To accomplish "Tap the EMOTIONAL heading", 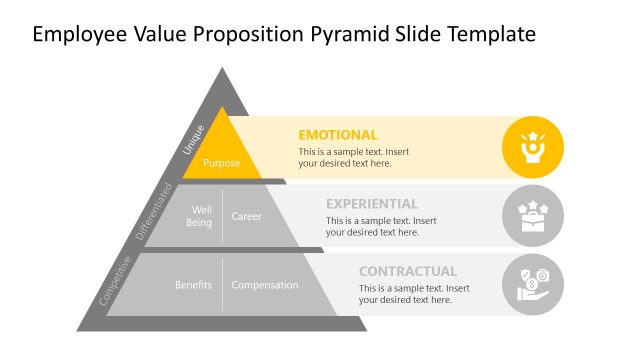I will coord(338,135).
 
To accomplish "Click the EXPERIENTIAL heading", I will coord(372,203).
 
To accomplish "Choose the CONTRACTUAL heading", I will coord(408,271).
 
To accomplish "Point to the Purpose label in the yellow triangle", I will coord(222,163).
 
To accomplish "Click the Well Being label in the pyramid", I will coord(200,216).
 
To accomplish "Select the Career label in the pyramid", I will coord(247,216).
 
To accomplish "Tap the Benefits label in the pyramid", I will coord(193,285).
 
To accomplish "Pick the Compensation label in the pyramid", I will coord(265,285).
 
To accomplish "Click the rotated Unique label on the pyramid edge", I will coord(193,140).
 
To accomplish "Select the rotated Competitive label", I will coord(115,280).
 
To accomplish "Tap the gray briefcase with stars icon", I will coord(532,216).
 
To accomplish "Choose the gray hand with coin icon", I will coord(532,284).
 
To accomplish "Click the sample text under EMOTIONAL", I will coord(353,157).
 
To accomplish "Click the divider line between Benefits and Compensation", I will coord(222,285).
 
